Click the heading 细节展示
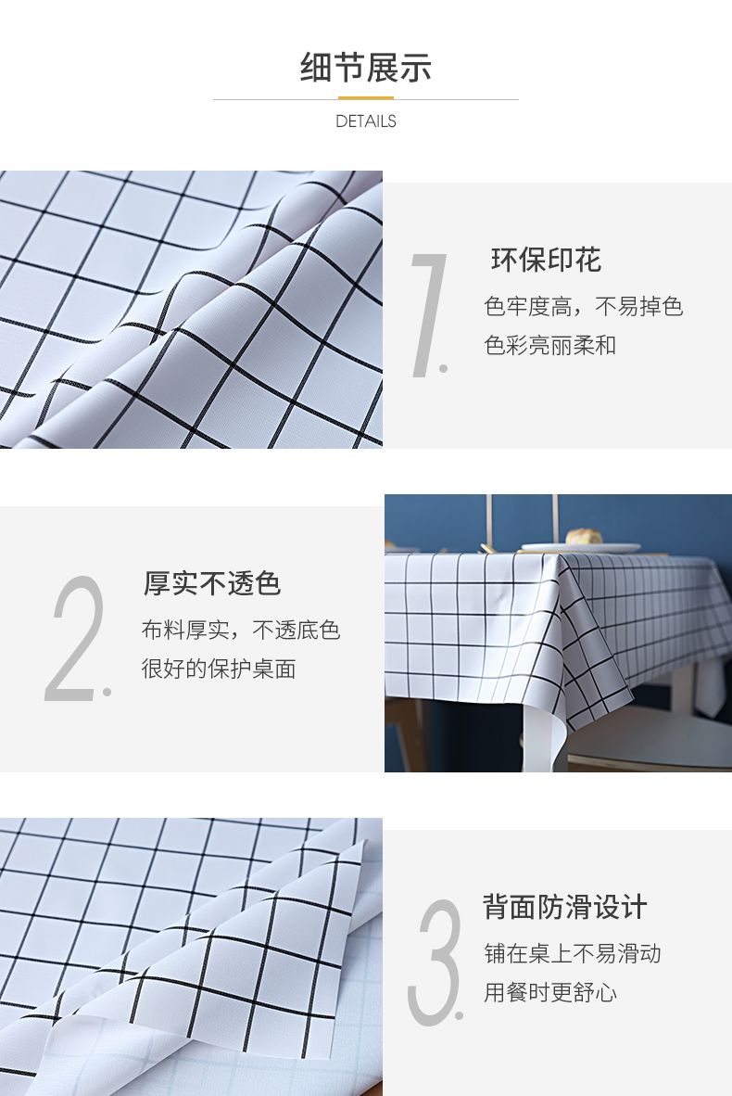click(x=365, y=68)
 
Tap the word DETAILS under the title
click(x=365, y=121)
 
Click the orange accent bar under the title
click(x=365, y=98)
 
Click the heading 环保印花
click(x=546, y=260)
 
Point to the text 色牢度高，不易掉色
click(x=583, y=306)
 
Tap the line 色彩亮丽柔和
click(x=549, y=345)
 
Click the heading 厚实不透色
click(x=211, y=583)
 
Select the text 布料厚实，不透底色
click(x=240, y=630)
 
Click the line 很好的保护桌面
click(x=219, y=669)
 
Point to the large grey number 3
click(x=435, y=962)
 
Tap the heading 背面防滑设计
click(x=564, y=907)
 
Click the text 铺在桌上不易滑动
click(x=573, y=953)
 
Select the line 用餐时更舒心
click(x=550, y=992)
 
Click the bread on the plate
click(x=584, y=537)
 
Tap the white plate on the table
click(x=580, y=547)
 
